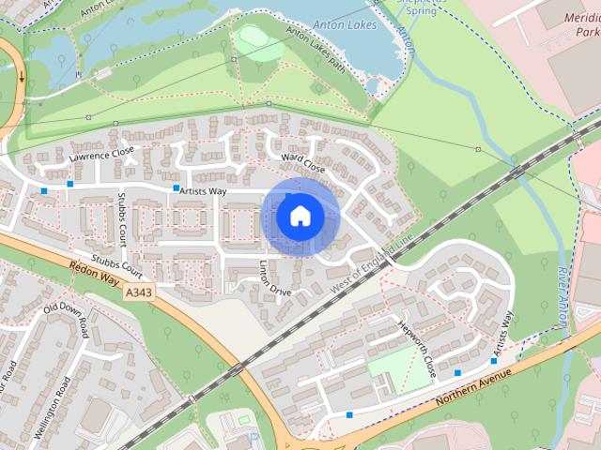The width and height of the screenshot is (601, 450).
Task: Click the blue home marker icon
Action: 300,217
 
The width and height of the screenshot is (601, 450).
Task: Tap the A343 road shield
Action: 137,293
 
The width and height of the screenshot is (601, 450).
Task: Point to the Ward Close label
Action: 302,162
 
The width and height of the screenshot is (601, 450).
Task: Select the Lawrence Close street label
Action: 101,154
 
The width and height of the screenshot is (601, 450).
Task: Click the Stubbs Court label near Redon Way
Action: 116,265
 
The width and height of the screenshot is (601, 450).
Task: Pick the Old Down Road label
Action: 67,321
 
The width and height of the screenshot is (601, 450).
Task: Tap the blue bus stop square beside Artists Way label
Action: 176,188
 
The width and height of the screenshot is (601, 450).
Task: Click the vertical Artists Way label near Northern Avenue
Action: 504,332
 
